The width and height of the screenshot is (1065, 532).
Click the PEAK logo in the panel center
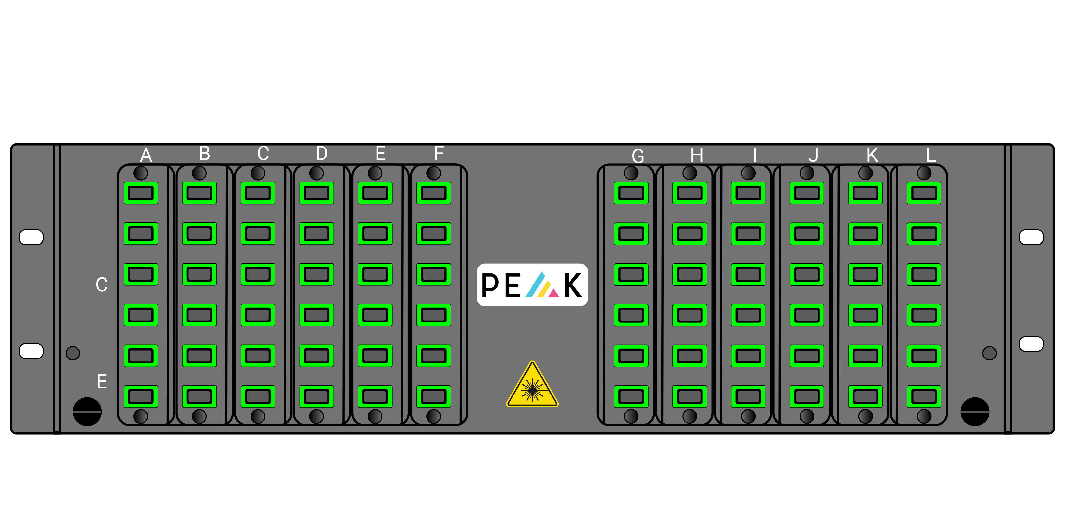532,285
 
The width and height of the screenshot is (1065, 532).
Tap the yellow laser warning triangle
532,385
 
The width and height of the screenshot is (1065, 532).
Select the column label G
638,156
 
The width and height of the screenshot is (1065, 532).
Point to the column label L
931,155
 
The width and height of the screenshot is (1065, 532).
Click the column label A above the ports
146,155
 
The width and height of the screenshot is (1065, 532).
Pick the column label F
439,154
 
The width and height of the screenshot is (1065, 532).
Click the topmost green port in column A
141,193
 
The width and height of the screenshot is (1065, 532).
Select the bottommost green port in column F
434,396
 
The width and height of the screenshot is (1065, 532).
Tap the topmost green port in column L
924,193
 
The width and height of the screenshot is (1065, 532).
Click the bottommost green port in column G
631,396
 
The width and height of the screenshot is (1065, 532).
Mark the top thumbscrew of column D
316,173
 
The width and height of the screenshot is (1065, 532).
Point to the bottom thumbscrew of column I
748,416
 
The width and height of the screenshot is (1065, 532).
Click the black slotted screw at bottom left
87,412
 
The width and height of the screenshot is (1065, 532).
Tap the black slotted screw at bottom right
975,412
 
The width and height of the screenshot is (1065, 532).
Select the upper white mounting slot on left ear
31,237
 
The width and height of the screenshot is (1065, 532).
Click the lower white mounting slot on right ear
1032,344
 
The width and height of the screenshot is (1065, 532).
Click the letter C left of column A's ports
102,284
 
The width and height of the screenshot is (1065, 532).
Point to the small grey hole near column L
989,353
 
